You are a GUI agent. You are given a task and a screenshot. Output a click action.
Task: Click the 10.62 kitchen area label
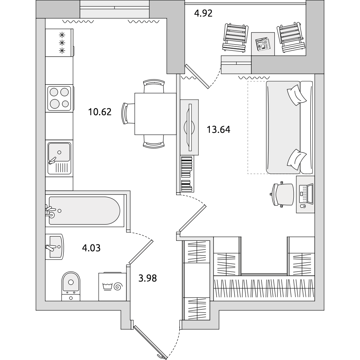[100, 112]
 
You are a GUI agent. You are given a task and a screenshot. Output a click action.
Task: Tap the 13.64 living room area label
[219, 130]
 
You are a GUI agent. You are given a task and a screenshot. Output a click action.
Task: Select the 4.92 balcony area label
[203, 13]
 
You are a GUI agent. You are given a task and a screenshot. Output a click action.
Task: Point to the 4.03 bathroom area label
[91, 248]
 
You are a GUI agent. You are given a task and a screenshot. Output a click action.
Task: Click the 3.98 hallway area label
[148, 278]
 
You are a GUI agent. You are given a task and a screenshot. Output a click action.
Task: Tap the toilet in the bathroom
[71, 286]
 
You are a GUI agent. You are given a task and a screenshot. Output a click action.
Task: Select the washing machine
[112, 287]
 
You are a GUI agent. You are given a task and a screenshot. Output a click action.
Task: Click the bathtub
[85, 211]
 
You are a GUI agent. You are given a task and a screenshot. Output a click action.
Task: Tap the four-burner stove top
[59, 98]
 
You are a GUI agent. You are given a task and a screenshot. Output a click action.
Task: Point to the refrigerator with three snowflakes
[59, 43]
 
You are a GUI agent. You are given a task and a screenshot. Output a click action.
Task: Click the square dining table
[156, 114]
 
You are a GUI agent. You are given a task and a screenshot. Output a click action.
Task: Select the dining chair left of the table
[128, 114]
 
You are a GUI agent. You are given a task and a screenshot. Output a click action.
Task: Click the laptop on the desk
[306, 194]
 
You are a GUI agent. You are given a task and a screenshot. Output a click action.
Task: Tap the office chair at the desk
[282, 194]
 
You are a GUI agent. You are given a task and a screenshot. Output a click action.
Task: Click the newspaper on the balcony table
[263, 44]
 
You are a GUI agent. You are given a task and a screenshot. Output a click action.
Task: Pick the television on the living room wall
[190, 127]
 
